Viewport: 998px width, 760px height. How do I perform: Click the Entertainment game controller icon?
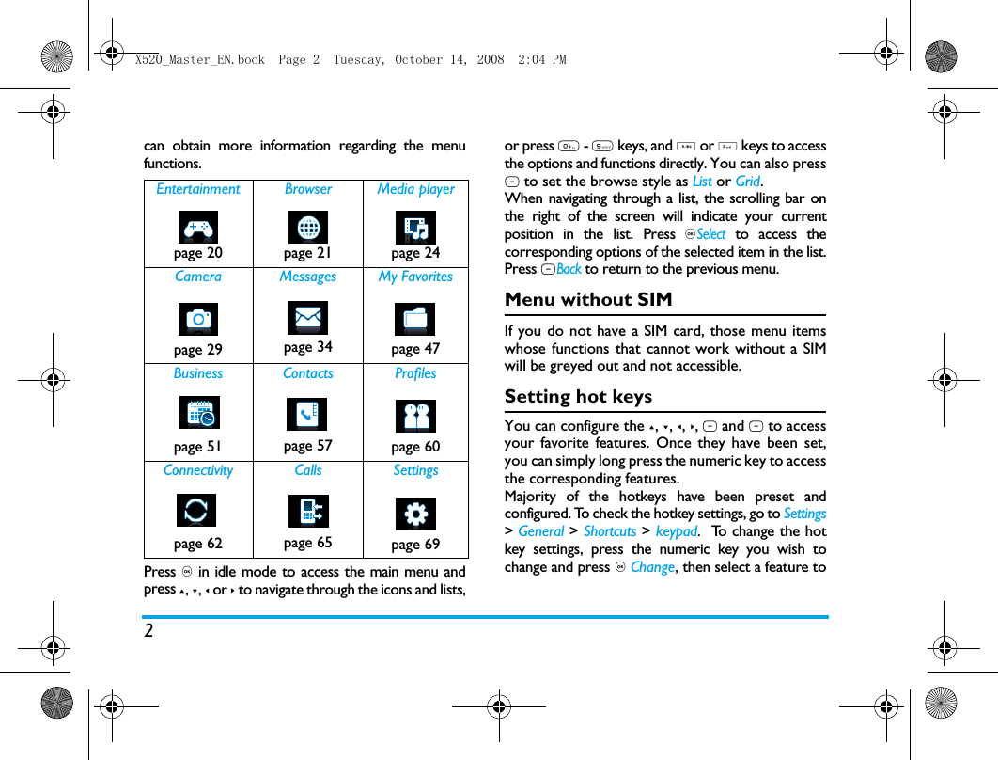pos(198,227)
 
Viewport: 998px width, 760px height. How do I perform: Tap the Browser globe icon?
pos(307,227)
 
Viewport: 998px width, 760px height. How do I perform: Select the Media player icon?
pos(415,227)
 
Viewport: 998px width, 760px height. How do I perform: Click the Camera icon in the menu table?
pos(198,320)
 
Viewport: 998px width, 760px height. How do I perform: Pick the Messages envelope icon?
pos(307,318)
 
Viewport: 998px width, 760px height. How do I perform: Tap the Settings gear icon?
pos(415,514)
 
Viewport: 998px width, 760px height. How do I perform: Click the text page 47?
pos(415,349)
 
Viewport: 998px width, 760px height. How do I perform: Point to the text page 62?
pos(198,544)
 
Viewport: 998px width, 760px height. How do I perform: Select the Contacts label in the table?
pos(308,373)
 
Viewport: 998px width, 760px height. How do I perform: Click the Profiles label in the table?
pos(415,373)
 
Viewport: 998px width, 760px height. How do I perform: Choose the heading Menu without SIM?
pos(588,300)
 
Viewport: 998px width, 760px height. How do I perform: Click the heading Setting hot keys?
pos(578,397)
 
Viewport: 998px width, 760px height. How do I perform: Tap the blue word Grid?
pos(748,182)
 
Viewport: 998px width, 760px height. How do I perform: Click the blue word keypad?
pos(676,531)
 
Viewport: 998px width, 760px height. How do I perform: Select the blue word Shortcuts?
pos(610,531)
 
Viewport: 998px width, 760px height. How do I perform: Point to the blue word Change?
pos(652,567)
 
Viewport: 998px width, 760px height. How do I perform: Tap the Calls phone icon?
pos(308,511)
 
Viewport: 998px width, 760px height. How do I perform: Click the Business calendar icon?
pos(198,414)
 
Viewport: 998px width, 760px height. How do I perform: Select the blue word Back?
pos(569,270)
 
